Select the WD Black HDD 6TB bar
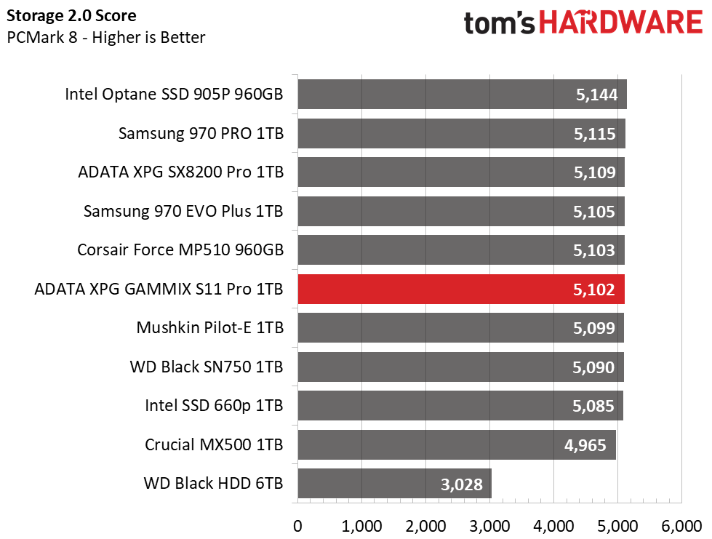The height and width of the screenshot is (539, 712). [394, 484]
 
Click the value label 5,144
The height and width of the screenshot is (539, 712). [595, 95]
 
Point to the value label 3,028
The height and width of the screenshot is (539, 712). [460, 484]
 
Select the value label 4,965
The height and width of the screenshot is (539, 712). [585, 444]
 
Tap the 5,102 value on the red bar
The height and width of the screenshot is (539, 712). [593, 290]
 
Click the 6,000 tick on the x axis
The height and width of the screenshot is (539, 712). [681, 526]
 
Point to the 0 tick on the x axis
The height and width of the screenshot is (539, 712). [297, 526]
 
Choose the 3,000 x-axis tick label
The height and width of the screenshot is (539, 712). [489, 526]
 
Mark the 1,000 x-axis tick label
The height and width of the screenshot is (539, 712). [361, 526]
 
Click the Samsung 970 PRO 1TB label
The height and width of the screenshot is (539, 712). [201, 134]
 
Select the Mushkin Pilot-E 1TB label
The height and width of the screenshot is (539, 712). [209, 328]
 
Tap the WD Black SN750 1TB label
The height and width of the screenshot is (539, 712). [207, 367]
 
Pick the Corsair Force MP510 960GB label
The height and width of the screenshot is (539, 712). [180, 250]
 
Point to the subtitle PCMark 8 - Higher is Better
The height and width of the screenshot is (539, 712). [106, 37]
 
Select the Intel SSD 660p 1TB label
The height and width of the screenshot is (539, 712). [214, 406]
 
